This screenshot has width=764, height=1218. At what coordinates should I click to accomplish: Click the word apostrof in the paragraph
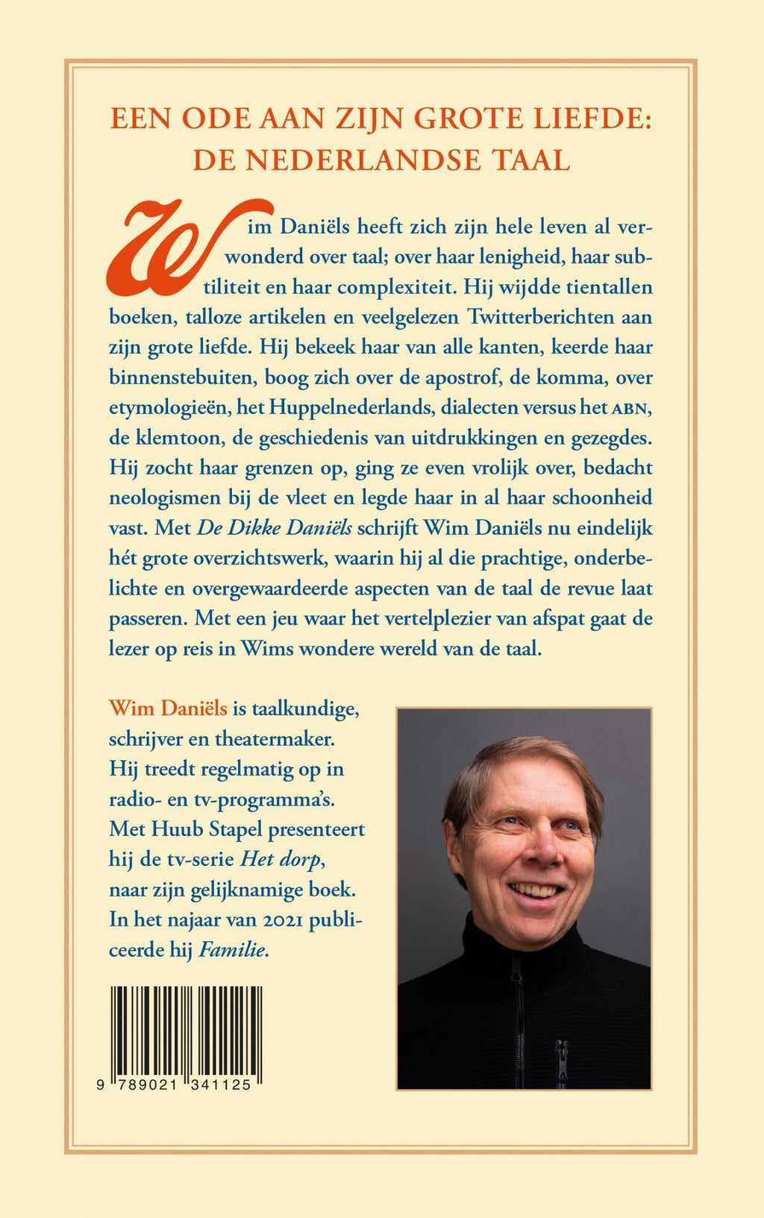(463, 377)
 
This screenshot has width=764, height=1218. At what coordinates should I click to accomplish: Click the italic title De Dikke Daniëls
(275, 528)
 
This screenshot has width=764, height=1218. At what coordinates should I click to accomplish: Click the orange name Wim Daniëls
(168, 708)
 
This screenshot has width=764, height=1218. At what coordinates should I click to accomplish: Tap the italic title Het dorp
(280, 859)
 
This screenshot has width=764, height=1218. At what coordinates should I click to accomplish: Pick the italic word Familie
(232, 950)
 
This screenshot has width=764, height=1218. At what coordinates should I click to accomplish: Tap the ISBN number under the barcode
(174, 1085)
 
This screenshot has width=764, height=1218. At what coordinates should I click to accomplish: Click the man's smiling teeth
(534, 890)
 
